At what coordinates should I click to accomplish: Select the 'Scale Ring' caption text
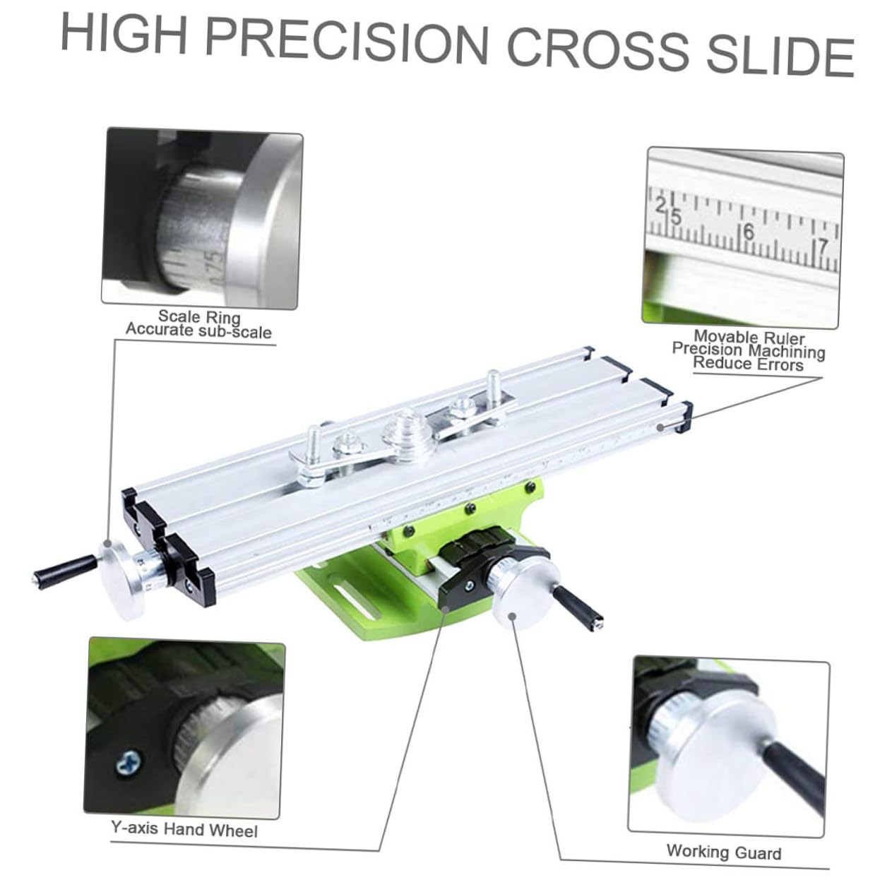[199, 316]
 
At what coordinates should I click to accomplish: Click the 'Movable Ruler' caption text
[749, 338]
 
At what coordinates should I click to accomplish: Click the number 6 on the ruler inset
[748, 232]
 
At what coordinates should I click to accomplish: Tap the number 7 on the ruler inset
[821, 247]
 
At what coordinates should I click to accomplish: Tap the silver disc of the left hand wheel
[121, 580]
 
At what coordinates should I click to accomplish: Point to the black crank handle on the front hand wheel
[577, 608]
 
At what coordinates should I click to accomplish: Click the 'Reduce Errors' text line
[748, 364]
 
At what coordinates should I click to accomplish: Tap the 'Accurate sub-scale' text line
[198, 330]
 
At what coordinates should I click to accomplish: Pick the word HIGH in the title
[124, 33]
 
